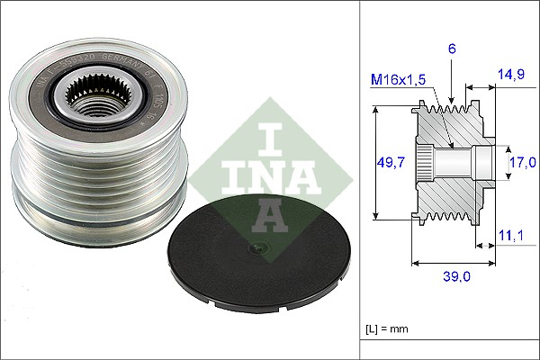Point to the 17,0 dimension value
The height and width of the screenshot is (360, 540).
click(522, 162)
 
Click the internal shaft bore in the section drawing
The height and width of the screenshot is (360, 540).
click(454, 163)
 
